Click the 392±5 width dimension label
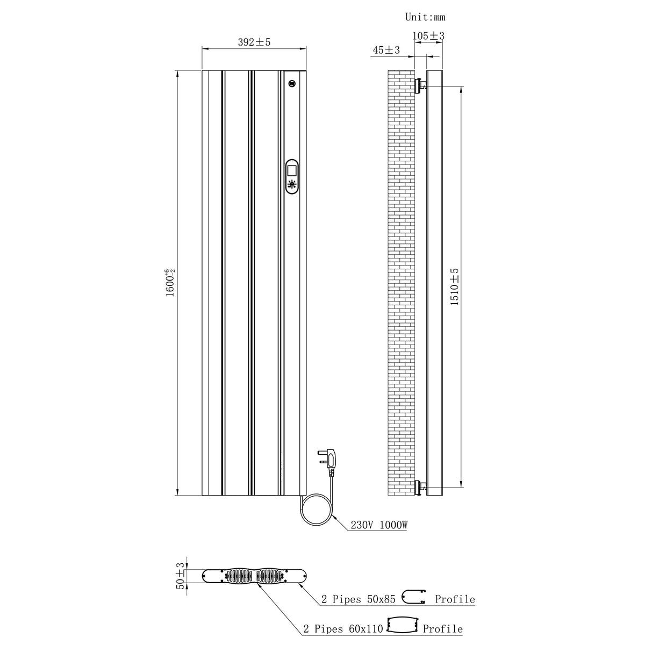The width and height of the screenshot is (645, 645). tap(254, 42)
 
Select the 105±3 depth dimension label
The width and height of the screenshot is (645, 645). tap(428, 36)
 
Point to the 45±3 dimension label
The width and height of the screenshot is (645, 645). tap(386, 50)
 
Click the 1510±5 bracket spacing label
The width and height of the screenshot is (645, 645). tap(454, 287)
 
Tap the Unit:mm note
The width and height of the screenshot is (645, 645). tap(425, 17)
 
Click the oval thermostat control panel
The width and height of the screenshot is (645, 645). tap(292, 176)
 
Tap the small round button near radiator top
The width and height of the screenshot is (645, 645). tap(292, 82)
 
